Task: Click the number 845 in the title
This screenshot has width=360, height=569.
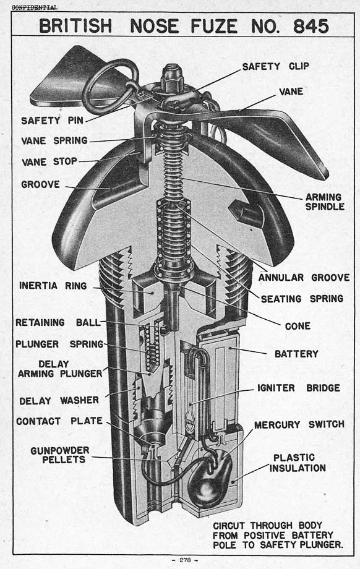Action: (x=311, y=26)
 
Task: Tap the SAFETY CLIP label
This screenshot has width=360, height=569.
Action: (x=275, y=66)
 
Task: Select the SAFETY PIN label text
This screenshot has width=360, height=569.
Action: (x=52, y=121)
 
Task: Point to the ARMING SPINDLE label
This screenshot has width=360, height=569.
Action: (x=325, y=202)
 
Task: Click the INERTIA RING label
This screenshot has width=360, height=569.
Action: (x=53, y=286)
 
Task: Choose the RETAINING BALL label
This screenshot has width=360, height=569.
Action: (x=58, y=322)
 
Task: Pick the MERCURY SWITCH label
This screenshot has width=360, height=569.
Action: (x=299, y=424)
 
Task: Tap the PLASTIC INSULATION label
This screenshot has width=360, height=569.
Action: (x=298, y=463)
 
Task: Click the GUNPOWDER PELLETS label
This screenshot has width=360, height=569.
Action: (x=60, y=455)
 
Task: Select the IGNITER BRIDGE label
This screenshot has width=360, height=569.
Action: (x=299, y=388)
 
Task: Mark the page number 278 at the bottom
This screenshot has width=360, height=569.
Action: (x=185, y=560)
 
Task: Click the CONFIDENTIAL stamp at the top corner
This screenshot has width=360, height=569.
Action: (x=35, y=7)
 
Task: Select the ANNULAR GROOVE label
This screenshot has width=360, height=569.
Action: (x=304, y=278)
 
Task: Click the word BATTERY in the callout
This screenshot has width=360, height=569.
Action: (x=296, y=354)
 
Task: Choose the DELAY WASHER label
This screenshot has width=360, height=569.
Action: (x=59, y=401)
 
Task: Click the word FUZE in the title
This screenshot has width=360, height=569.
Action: (x=214, y=26)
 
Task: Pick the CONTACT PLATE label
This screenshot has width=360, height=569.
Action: (x=59, y=421)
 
